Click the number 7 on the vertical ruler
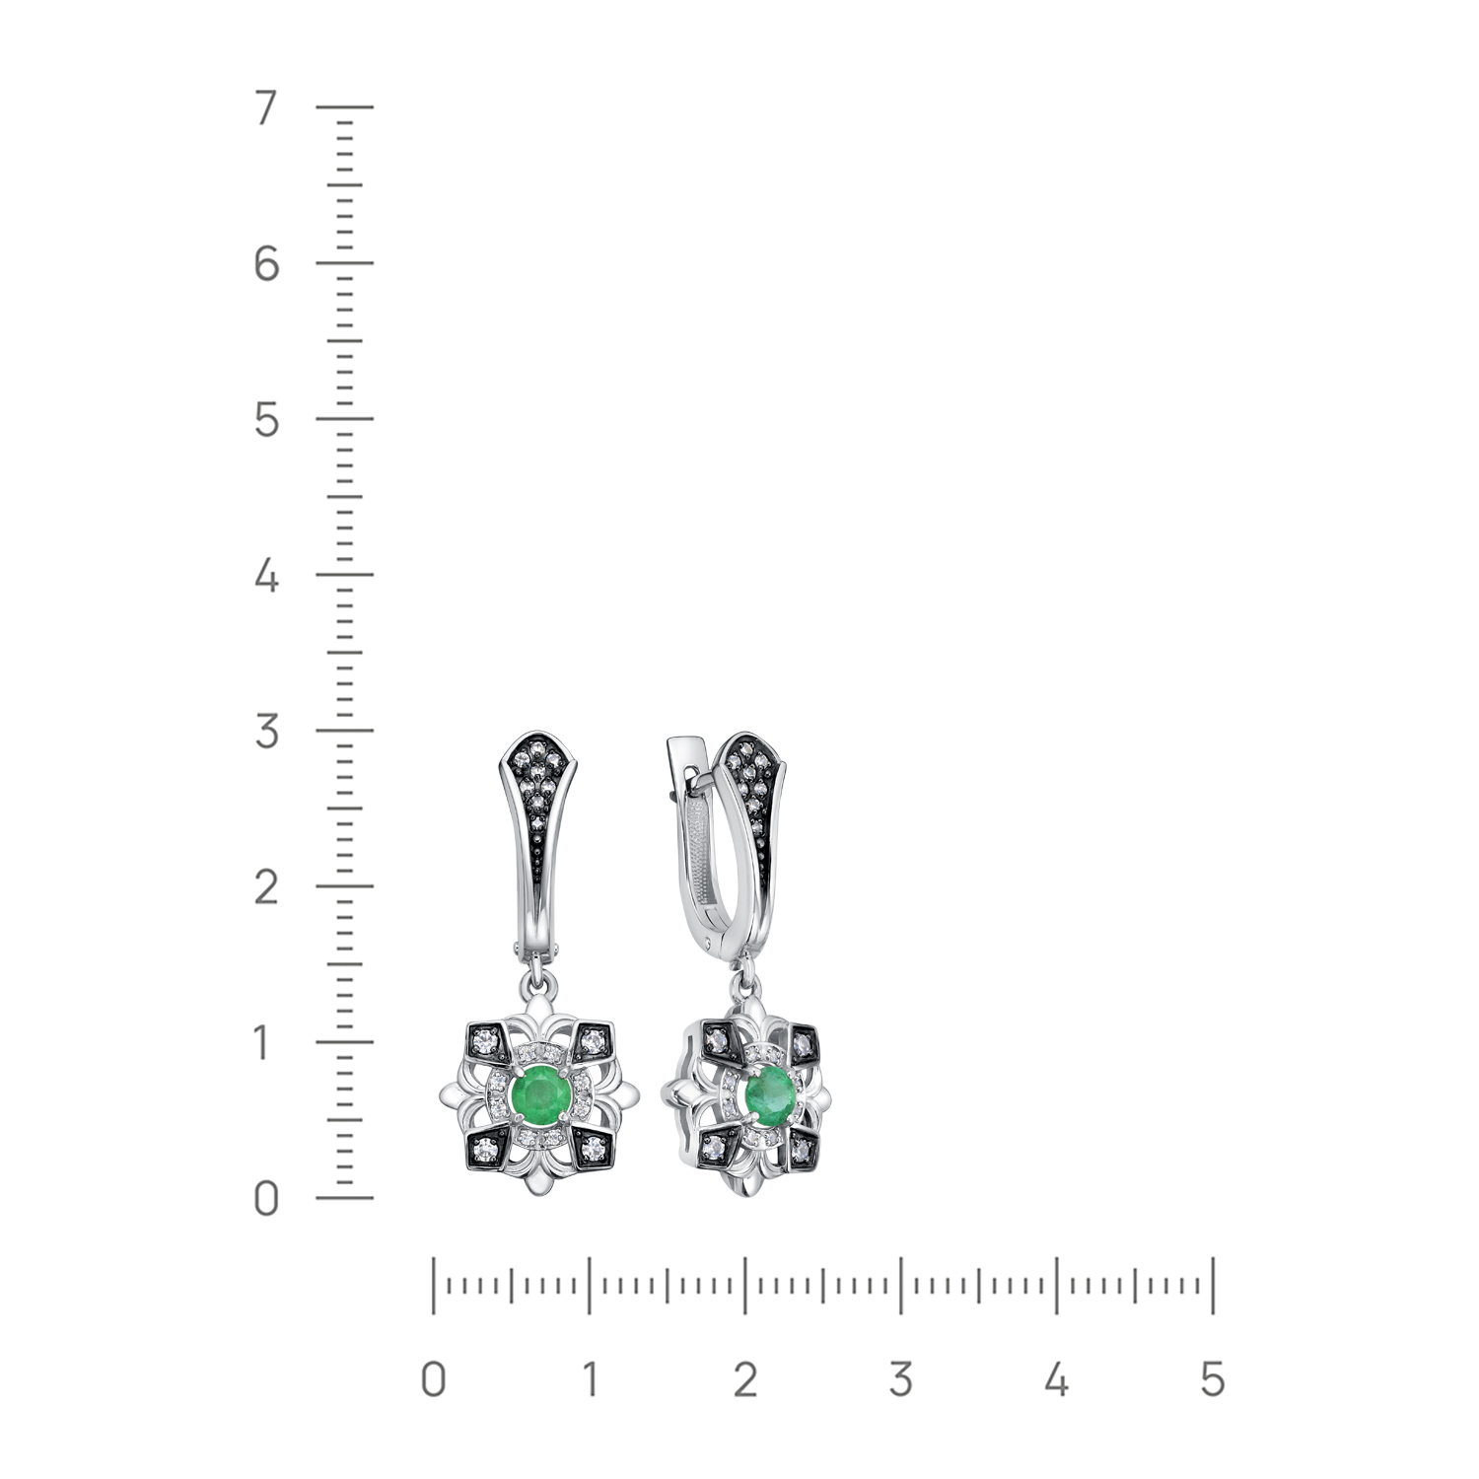coord(264,108)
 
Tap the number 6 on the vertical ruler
coord(266,264)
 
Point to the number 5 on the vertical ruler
coord(266,421)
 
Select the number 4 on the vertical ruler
coord(266,576)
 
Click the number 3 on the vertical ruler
coord(266,732)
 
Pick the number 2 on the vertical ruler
coord(266,887)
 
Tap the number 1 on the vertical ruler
coord(261,1043)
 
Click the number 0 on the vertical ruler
coord(266,1200)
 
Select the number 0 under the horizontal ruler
coord(434,1379)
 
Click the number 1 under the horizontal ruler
coord(589,1379)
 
